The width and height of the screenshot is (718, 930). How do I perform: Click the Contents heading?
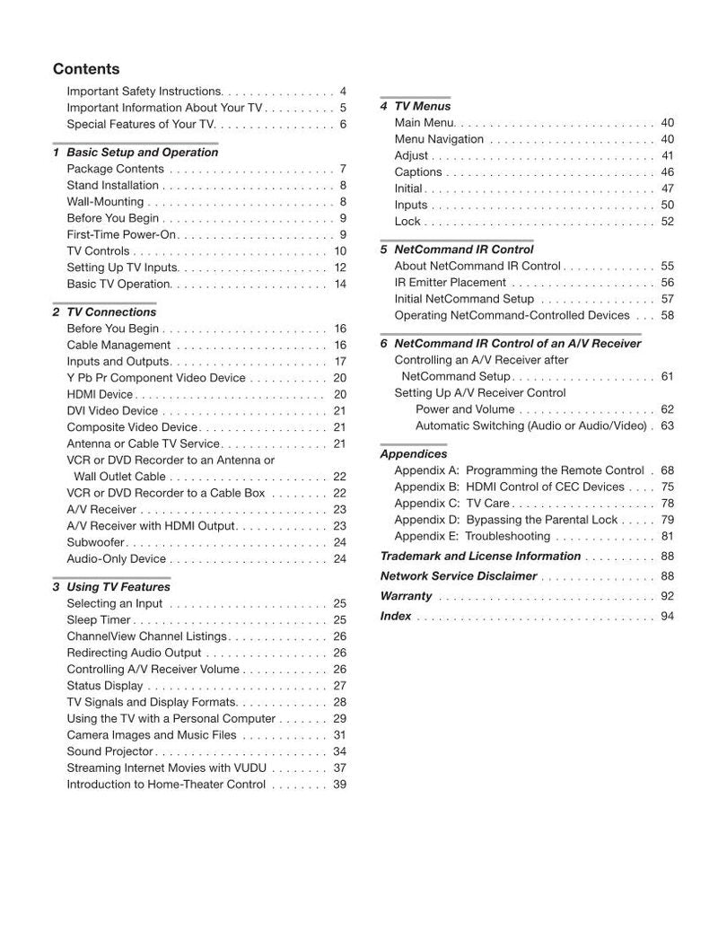click(86, 69)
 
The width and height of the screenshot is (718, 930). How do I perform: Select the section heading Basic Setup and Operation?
click(142, 153)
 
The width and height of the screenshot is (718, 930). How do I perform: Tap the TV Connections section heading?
click(111, 312)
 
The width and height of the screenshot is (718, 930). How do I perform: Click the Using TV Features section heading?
click(118, 587)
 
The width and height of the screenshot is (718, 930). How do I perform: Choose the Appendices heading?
click(414, 454)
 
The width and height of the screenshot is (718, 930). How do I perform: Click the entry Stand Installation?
click(113, 186)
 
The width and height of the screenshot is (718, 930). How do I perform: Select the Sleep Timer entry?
click(99, 620)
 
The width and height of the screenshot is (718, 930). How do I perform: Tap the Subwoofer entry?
click(96, 542)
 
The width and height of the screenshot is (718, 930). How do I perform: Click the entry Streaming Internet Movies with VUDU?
click(166, 768)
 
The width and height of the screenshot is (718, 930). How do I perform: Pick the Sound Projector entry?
click(110, 751)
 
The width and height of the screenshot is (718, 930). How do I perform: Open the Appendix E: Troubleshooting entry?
click(472, 537)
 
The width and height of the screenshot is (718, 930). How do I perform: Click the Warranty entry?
click(407, 596)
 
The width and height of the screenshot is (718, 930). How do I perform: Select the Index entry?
click(396, 617)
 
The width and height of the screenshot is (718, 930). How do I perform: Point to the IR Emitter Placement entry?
click(451, 283)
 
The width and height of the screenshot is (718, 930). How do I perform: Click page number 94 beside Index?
click(667, 617)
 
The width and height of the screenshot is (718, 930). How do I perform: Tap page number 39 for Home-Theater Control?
click(339, 785)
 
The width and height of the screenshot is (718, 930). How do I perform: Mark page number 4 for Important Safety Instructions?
click(343, 92)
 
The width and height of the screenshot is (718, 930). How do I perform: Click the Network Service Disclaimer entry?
click(459, 576)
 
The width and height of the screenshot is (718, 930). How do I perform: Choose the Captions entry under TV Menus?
click(418, 172)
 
